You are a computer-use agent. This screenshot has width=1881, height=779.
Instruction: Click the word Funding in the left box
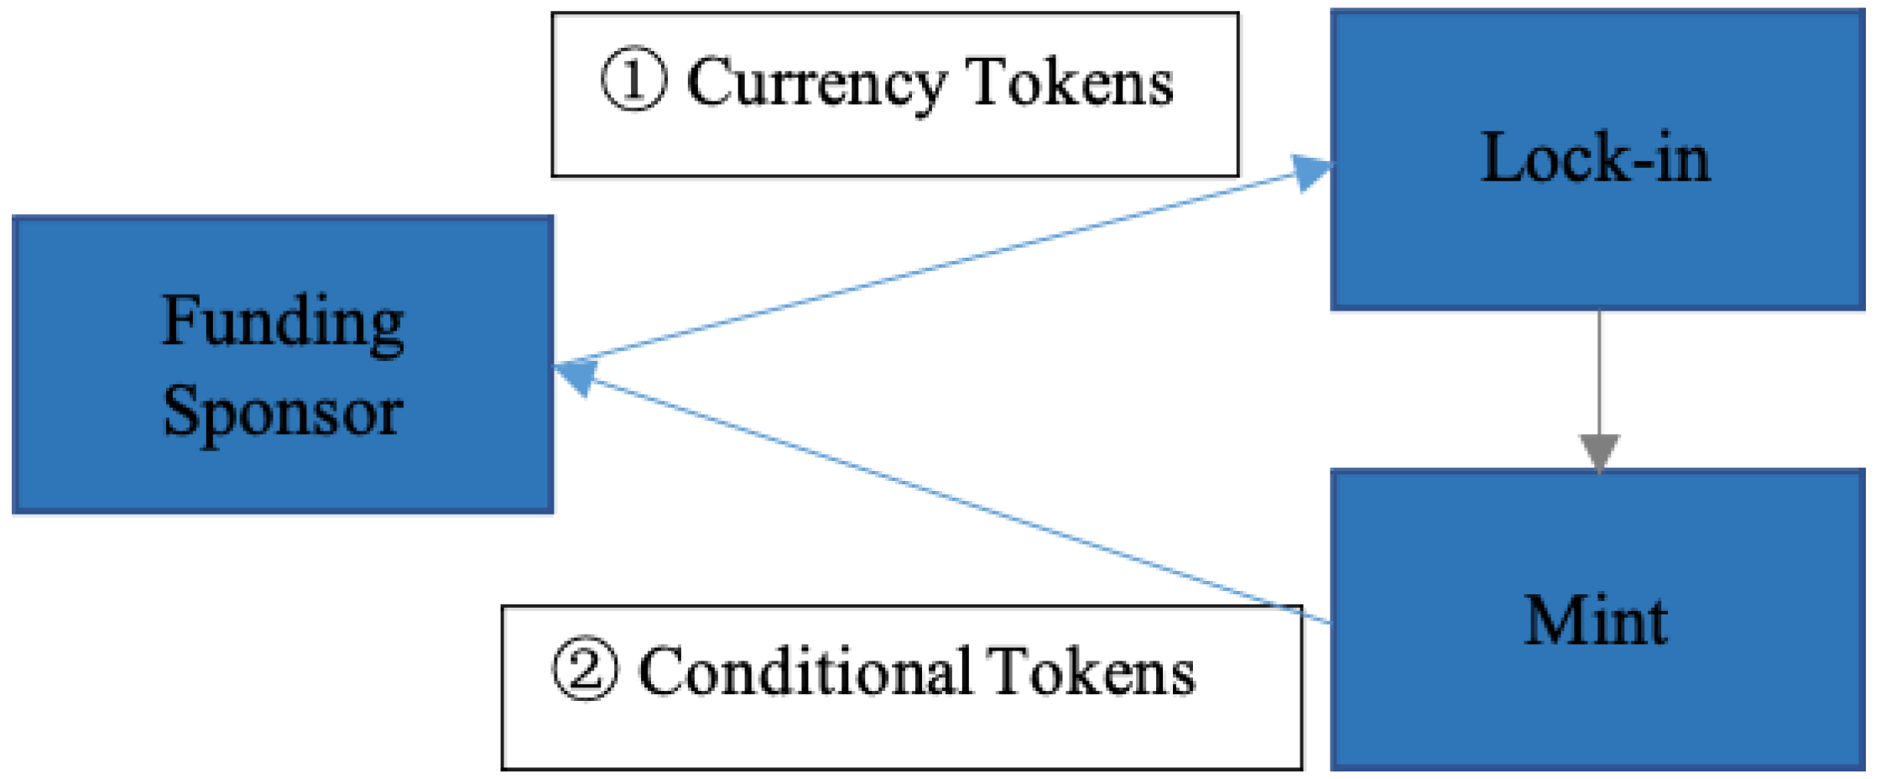(283, 323)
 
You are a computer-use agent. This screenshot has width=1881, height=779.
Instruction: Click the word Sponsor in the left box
(283, 411)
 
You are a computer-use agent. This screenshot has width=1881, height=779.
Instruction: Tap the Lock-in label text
(1595, 158)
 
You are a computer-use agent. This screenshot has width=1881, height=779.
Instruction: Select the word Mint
(1595, 621)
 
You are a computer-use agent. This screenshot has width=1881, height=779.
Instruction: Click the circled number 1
(633, 81)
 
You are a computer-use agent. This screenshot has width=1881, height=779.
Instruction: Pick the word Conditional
(805, 672)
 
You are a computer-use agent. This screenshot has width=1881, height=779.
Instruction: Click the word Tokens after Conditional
(1090, 672)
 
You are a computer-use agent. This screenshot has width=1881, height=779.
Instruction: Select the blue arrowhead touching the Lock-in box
(1310, 172)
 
